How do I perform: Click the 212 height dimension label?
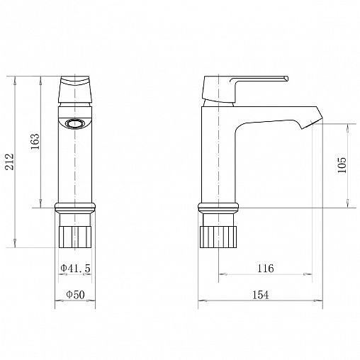click(x=10, y=162)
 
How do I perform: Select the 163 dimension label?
click(x=35, y=142)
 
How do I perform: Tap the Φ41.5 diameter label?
click(x=75, y=268)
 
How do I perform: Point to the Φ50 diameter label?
click(x=75, y=295)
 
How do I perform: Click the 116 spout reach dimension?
click(x=265, y=269)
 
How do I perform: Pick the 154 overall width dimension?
click(x=261, y=295)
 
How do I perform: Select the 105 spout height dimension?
click(x=342, y=165)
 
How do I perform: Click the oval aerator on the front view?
click(x=75, y=123)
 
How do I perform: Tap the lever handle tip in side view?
click(x=287, y=78)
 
